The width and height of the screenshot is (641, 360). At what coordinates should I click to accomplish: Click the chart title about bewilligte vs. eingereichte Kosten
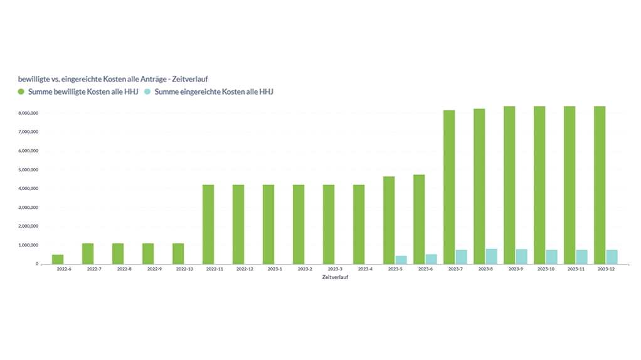pyautogui.click(x=113, y=79)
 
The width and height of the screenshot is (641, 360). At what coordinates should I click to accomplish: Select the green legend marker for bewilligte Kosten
pyautogui.click(x=21, y=92)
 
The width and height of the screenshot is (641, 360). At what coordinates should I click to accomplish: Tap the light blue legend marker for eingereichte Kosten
pyautogui.click(x=147, y=92)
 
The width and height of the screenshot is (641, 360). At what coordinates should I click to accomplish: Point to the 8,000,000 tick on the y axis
pyautogui.click(x=29, y=113)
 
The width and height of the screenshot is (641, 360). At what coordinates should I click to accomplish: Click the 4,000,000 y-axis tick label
pyautogui.click(x=29, y=188)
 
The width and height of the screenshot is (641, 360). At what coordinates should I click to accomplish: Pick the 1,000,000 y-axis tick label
pyautogui.click(x=29, y=245)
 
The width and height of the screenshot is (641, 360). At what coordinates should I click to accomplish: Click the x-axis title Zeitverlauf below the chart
pyautogui.click(x=336, y=277)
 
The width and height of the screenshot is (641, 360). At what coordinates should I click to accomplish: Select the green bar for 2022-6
pyautogui.click(x=58, y=259)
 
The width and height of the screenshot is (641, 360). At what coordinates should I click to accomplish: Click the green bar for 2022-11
pyautogui.click(x=208, y=224)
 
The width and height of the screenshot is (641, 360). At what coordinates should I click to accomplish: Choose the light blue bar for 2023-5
pyautogui.click(x=401, y=260)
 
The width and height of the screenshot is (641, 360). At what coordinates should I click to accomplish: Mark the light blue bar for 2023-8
pyautogui.click(x=491, y=257)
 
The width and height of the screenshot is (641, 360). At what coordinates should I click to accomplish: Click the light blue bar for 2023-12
pyautogui.click(x=612, y=257)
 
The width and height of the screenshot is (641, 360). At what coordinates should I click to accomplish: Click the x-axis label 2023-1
pyautogui.click(x=275, y=269)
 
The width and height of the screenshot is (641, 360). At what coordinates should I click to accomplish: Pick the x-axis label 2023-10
pyautogui.click(x=546, y=269)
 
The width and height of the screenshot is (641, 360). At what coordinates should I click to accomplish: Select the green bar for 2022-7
pyautogui.click(x=88, y=253)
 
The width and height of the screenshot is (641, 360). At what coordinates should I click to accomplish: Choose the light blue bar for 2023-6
pyautogui.click(x=431, y=259)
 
